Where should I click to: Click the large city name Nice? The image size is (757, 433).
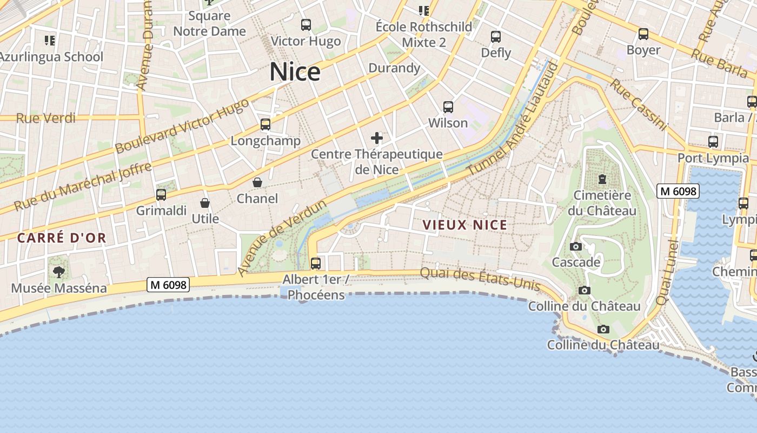(x=295, y=72)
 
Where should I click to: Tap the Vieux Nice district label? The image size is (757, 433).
(x=465, y=225)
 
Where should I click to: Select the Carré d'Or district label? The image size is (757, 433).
(x=62, y=238)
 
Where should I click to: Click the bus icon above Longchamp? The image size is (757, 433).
(x=265, y=124)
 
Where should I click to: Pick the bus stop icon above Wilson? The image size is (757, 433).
(x=448, y=107)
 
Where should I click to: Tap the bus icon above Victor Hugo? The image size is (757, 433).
(x=306, y=24)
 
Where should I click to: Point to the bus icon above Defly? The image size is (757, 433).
(x=495, y=37)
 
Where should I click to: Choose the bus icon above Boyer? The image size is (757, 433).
(x=643, y=34)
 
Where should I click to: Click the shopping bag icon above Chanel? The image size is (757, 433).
(x=257, y=182)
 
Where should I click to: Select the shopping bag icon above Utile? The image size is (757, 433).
(x=205, y=203)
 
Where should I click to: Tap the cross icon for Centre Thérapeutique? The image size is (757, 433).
(x=377, y=138)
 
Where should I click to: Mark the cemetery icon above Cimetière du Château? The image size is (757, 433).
(x=602, y=179)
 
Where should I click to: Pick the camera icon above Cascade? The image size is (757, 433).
(x=576, y=247)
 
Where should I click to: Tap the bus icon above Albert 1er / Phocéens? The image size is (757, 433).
(x=315, y=264)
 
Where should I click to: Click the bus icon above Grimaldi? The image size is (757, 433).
(x=161, y=195)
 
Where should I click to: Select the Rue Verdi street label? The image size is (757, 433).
(x=46, y=118)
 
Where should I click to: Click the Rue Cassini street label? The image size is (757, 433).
(x=638, y=104)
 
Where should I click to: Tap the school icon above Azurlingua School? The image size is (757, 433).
(x=50, y=41)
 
